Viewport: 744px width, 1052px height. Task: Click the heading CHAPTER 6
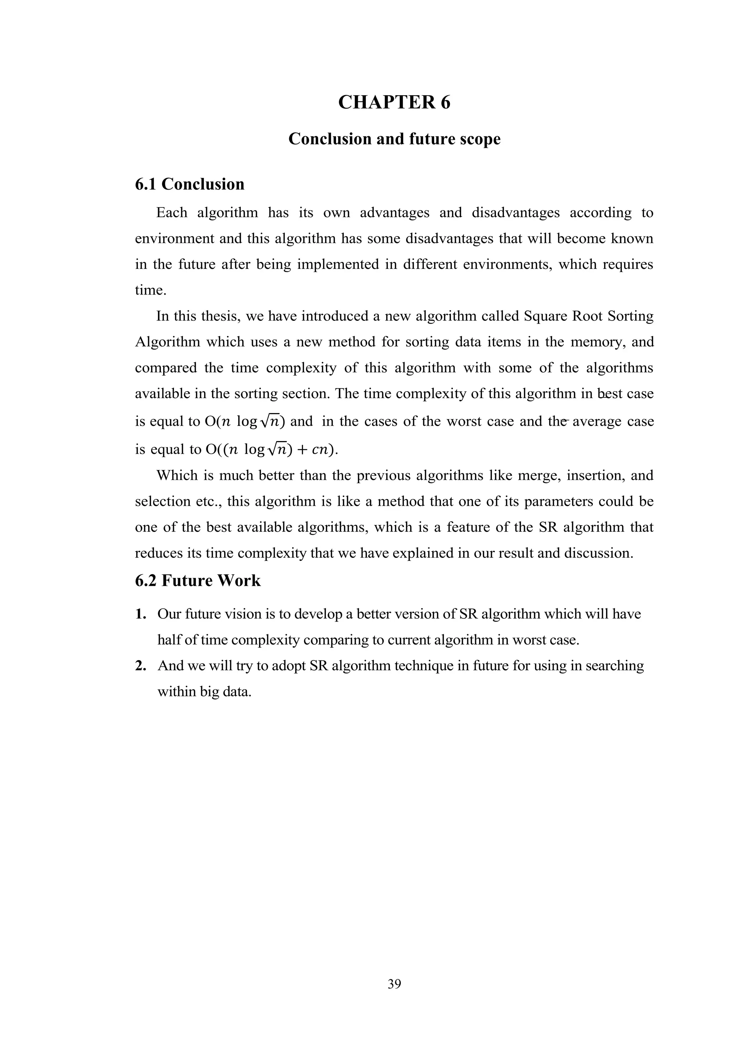pyautogui.click(x=394, y=102)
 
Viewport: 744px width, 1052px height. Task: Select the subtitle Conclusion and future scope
pyautogui.click(x=394, y=139)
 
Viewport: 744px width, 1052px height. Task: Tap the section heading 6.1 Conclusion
pyautogui.click(x=189, y=184)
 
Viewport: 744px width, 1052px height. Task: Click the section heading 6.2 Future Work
pyautogui.click(x=198, y=580)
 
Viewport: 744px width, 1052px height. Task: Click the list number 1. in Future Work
pyautogui.click(x=141, y=614)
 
